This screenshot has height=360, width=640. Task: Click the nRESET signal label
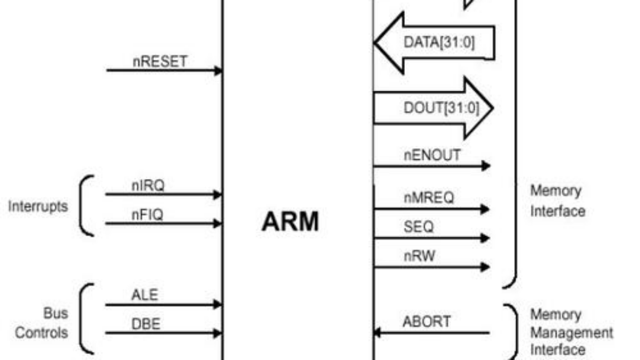pyautogui.click(x=160, y=61)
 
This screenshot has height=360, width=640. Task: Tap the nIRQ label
pyautogui.click(x=148, y=186)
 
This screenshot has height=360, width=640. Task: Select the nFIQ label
pyautogui.click(x=147, y=215)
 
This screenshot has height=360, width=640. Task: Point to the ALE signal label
pyautogui.click(x=145, y=295)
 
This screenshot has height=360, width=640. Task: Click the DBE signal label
pyautogui.click(x=145, y=324)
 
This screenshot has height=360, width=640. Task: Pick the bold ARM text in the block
pyautogui.click(x=290, y=222)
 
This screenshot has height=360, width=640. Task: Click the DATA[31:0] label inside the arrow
pyautogui.click(x=438, y=43)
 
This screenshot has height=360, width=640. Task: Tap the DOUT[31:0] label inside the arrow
pyautogui.click(x=441, y=108)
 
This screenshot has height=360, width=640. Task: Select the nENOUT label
pyautogui.click(x=431, y=156)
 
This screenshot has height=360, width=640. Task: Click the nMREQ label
pyautogui.click(x=428, y=198)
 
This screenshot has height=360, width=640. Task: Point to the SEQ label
pyautogui.click(x=418, y=227)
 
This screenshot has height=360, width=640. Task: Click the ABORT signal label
pyautogui.click(x=426, y=322)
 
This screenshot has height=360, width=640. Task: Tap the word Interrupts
pyautogui.click(x=38, y=206)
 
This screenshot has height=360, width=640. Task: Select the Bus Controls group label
pyautogui.click(x=42, y=323)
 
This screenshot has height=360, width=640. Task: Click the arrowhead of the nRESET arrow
pyautogui.click(x=218, y=70)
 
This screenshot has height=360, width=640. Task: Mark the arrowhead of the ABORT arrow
pyautogui.click(x=377, y=333)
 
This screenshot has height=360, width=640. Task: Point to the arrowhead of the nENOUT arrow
pyautogui.click(x=485, y=166)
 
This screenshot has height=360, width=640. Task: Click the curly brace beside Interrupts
pyautogui.click(x=85, y=205)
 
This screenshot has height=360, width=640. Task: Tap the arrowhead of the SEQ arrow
pyautogui.click(x=485, y=238)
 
